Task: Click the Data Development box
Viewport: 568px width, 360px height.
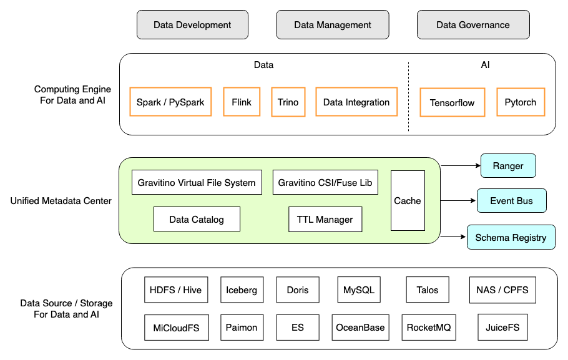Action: [x=192, y=25]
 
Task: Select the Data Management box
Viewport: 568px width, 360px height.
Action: [x=333, y=25]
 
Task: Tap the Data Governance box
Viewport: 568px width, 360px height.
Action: [x=473, y=25]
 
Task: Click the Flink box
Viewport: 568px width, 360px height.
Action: [x=242, y=102]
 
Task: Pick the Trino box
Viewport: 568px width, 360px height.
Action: [x=288, y=102]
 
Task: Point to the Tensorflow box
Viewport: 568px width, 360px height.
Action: [x=453, y=102]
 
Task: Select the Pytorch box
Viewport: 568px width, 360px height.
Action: [x=521, y=102]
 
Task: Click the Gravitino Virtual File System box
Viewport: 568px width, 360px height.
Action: [x=197, y=182]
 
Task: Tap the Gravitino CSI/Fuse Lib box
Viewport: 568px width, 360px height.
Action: [x=325, y=182]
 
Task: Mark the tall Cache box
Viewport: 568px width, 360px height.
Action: [x=408, y=200]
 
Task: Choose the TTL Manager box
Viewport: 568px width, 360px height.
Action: [x=325, y=219]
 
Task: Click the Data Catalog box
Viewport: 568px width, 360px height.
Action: [x=197, y=219]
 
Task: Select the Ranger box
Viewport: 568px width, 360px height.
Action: [x=508, y=166]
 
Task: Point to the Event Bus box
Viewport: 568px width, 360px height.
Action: [x=511, y=201]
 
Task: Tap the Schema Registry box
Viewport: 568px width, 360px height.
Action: [x=511, y=237]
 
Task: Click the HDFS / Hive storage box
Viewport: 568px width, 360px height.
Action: [x=175, y=290]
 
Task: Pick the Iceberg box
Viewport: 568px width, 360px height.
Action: [x=242, y=290]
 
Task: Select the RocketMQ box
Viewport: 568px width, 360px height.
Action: [x=430, y=327]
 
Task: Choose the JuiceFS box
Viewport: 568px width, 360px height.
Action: [x=502, y=327]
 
